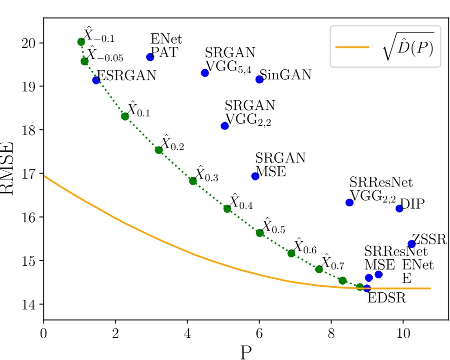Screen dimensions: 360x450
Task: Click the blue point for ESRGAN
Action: [96, 80]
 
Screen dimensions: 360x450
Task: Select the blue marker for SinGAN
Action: [259, 79]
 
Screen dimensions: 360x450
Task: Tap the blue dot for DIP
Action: [399, 208]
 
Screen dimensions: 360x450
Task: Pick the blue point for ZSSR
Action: [411, 244]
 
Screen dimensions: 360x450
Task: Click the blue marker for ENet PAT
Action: [150, 57]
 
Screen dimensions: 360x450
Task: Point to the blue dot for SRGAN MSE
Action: [255, 176]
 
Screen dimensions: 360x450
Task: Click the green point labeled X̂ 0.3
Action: [193, 181]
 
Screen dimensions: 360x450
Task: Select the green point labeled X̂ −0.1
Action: [81, 42]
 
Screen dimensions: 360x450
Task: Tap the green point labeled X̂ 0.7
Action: [319, 269]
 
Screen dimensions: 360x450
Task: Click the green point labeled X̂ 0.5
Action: [260, 233]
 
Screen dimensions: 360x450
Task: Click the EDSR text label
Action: [386, 298]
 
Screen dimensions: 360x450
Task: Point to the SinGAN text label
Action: [285, 75]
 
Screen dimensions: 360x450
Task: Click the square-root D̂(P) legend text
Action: [405, 46]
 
